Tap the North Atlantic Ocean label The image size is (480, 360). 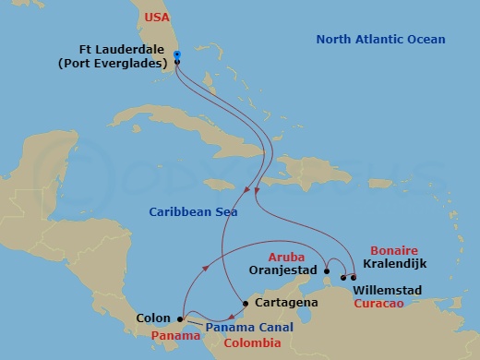coord(381,39)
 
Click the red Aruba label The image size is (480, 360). coord(286,258)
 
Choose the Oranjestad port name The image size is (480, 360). coord(284,271)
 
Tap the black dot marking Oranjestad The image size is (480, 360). coord(327,271)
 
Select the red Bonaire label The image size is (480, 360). coord(394,250)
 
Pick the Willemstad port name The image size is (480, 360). coord(388,290)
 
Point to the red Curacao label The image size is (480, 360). coord(388,303)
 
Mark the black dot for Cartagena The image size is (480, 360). coord(245,304)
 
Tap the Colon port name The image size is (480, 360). coord(153,319)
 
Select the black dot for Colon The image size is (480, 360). coord(179,320)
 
